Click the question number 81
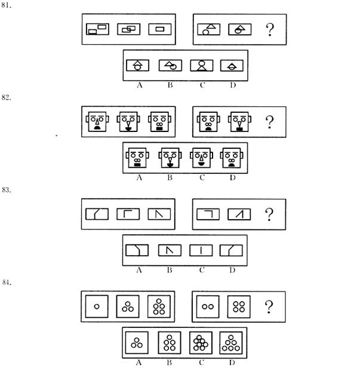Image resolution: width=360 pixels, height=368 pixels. coord(6,5)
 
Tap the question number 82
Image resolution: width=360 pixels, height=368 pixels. coord(6,97)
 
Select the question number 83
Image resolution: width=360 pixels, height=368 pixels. coord(7,189)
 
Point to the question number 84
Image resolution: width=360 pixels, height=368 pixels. coord(7,282)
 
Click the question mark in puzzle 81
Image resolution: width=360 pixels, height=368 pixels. coord(270,29)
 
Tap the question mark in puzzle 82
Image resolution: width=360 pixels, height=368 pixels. coord(269,122)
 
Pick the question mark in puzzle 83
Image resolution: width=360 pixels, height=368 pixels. coord(269,214)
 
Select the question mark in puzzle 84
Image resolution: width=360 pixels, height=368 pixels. coord(269,306)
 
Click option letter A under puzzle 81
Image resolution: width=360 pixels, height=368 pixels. coord(140,85)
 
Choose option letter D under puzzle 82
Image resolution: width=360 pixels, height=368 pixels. coord(233,177)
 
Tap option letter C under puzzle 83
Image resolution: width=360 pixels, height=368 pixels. coord(202,270)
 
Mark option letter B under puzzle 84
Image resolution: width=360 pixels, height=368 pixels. coord(170,363)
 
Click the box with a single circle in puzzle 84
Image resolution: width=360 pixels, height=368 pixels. coord(97,306)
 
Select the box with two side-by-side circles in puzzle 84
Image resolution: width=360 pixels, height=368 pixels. coord(208,306)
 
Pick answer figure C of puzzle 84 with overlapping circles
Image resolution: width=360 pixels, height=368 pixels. coord(201,343)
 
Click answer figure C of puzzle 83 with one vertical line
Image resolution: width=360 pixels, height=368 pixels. coord(201,250)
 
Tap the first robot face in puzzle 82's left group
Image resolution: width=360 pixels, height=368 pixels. coord(97,121)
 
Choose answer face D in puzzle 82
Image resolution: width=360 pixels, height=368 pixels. coord(232,158)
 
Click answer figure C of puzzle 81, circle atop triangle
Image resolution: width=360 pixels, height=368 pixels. coord(202,66)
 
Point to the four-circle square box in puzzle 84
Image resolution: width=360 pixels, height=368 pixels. coord(239,306)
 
